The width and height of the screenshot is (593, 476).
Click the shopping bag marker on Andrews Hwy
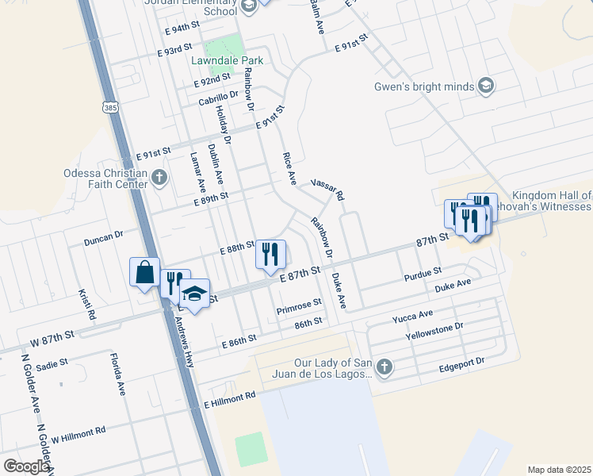pyautogui.click(x=145, y=273)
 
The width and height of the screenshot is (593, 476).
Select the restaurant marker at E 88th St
pyautogui.click(x=270, y=254)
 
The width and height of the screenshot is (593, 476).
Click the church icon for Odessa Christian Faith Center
pyautogui.click(x=160, y=177)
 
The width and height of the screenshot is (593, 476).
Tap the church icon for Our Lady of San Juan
pyautogui.click(x=384, y=367)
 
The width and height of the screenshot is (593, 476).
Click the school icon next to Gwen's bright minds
pyautogui.click(x=486, y=86)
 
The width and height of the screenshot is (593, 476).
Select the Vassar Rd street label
pyautogui.click(x=327, y=188)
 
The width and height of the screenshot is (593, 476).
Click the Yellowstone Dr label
pyautogui.click(x=434, y=330)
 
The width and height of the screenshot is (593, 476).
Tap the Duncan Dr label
pyautogui.click(x=104, y=236)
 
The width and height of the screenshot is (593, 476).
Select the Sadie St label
pyautogui.click(x=52, y=364)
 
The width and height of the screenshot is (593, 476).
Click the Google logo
pyautogui.click(x=26, y=466)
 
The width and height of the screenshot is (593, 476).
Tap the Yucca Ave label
pyautogui.click(x=412, y=318)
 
